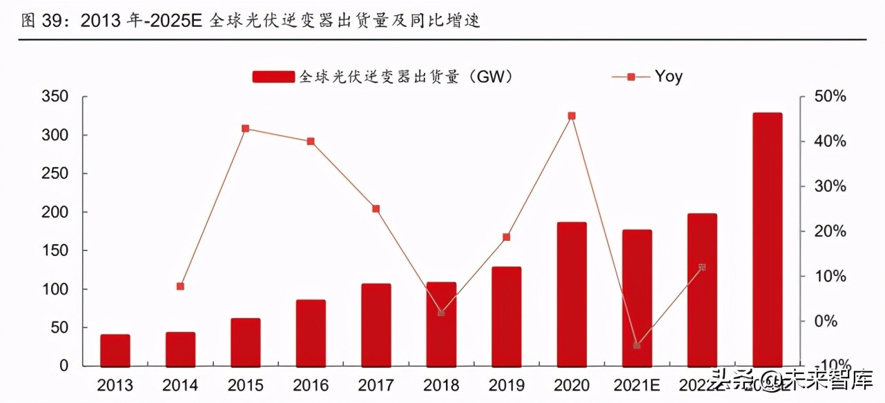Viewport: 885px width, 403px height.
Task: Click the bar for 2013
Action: (115, 350)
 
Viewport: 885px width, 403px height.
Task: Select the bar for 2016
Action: (311, 333)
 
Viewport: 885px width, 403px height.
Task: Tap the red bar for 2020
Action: (572, 294)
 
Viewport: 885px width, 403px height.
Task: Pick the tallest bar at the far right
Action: (768, 239)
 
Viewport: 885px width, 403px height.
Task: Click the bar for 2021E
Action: (636, 297)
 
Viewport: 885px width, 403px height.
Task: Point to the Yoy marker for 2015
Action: (245, 128)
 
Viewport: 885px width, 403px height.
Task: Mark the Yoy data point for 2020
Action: (572, 116)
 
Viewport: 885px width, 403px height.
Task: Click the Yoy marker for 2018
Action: (441, 313)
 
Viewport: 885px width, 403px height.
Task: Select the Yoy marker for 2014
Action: (180, 286)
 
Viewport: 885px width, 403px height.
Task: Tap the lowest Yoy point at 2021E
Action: (636, 345)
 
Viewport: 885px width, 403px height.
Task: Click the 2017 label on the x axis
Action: (376, 385)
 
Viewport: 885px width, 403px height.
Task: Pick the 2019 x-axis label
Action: (506, 385)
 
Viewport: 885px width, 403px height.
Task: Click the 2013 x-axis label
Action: (115, 385)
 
